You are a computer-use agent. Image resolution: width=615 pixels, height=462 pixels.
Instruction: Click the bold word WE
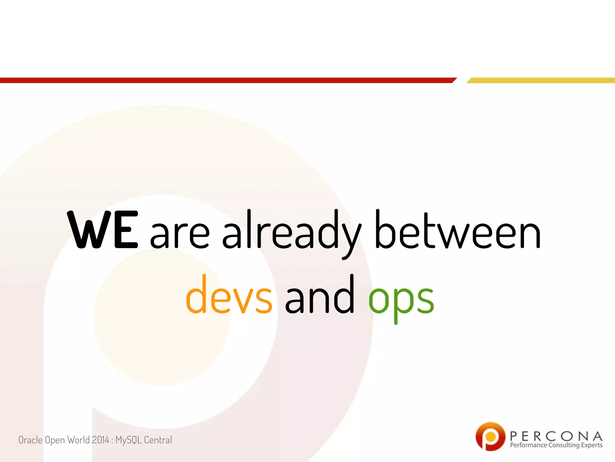tap(103, 230)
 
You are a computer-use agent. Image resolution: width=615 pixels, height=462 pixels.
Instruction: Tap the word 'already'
tap(291, 232)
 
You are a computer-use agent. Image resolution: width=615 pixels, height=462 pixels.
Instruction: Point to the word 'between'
tap(458, 230)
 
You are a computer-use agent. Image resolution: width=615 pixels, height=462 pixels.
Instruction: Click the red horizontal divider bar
tap(225, 80)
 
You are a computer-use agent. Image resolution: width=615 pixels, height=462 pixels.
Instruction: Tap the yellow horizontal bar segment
tap(541, 80)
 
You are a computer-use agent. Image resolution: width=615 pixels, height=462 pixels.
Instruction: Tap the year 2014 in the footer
tap(100, 440)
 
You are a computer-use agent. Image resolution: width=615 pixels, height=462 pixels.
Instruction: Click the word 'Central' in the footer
tap(158, 440)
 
